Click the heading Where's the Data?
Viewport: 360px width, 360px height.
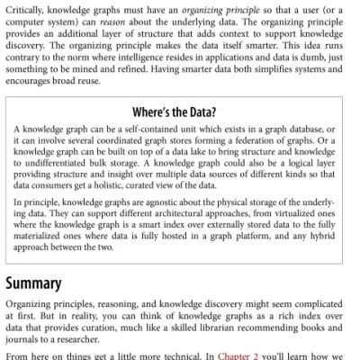tap(180, 112)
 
